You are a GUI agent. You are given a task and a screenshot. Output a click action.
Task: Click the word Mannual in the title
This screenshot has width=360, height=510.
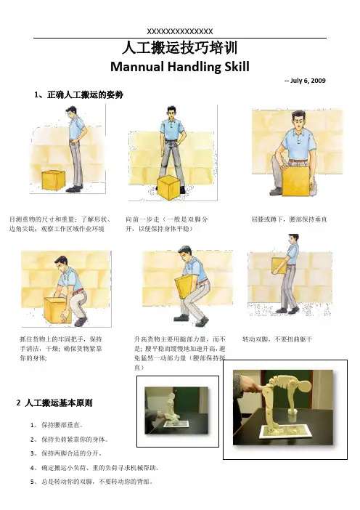[137, 67]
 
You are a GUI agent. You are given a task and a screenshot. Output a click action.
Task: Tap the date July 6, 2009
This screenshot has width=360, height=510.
[308, 81]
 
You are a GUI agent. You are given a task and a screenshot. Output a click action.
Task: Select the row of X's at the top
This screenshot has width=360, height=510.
[180, 31]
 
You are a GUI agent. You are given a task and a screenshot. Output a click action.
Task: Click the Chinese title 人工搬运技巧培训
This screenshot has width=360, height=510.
[180, 48]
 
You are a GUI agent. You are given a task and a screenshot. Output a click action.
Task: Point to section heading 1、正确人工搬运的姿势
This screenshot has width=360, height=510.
[78, 95]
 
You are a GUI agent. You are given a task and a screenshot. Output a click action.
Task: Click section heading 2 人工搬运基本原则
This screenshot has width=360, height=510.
[54, 403]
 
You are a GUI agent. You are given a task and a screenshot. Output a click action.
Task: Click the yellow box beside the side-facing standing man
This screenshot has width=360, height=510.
[53, 180]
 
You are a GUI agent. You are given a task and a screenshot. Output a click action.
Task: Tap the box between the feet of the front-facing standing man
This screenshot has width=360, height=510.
[168, 187]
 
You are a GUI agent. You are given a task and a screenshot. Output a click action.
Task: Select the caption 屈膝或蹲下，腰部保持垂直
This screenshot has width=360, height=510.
[289, 219]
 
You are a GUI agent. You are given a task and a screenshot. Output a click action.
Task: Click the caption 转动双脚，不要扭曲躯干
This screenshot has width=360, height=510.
[277, 339]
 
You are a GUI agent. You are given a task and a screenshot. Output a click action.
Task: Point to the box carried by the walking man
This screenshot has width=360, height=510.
[279, 266]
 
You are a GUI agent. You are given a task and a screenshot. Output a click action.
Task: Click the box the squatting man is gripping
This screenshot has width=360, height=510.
[58, 310]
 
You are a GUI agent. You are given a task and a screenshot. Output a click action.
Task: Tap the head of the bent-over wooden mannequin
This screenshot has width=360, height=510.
[304, 387]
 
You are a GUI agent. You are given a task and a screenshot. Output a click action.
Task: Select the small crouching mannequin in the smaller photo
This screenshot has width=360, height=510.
[171, 408]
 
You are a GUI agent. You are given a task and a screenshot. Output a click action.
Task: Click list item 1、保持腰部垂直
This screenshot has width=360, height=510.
[57, 425]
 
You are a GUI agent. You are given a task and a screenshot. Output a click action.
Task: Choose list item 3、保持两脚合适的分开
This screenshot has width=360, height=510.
[66, 453]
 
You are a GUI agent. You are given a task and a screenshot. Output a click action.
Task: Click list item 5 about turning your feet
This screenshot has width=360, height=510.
[91, 482]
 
